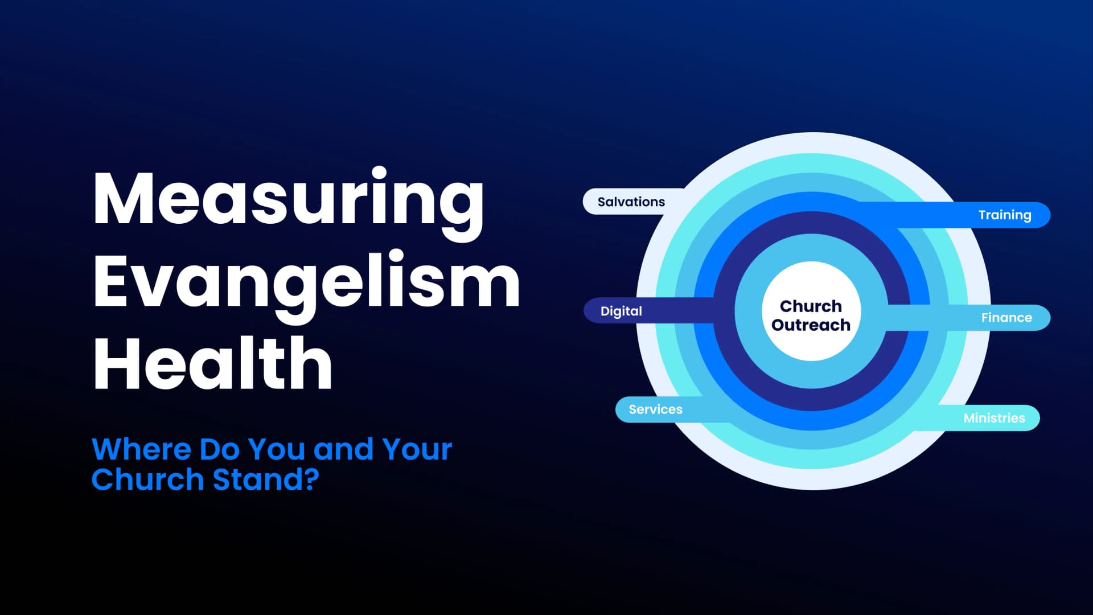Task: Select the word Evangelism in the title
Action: coord(306,283)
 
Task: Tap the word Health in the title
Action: coord(212,363)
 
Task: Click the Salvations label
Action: coord(631,202)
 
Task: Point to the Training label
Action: coord(1004,215)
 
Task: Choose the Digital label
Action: coord(621,311)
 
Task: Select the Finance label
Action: coord(1006,318)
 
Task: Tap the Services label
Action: coord(655,409)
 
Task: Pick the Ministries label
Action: coord(994,418)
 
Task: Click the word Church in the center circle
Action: coord(811,306)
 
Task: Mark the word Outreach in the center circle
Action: coord(811,325)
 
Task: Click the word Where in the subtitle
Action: coord(141,449)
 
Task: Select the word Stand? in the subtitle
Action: coord(265,479)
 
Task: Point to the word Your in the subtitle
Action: coord(417,449)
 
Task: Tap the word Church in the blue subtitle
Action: coord(147,479)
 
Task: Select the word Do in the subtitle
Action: coord(219,449)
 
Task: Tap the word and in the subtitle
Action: coord(342,449)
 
